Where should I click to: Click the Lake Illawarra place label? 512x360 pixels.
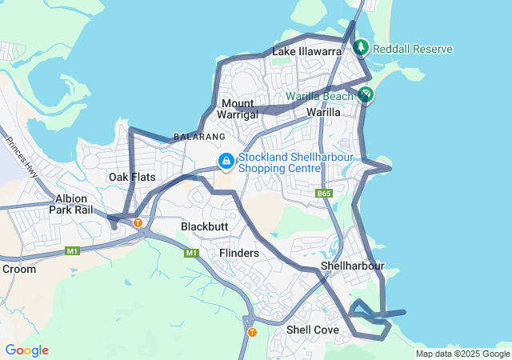(x=307, y=51)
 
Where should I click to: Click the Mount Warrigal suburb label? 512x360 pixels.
(x=238, y=110)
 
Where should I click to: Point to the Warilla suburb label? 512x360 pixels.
(x=324, y=113)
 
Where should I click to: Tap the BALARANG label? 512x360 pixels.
(x=194, y=137)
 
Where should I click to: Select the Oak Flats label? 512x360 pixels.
(x=132, y=176)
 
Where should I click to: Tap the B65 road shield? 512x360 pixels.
(x=324, y=194)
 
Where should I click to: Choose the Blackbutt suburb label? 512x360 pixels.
(x=204, y=226)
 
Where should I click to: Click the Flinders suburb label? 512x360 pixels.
(x=239, y=253)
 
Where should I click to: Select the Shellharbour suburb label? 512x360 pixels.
(x=353, y=266)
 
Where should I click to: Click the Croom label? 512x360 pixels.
(x=19, y=269)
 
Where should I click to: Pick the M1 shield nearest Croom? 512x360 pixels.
(x=73, y=251)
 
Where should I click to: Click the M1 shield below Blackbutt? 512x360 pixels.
(x=191, y=253)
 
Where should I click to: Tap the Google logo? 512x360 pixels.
(x=26, y=350)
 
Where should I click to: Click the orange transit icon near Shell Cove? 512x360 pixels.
(x=252, y=332)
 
